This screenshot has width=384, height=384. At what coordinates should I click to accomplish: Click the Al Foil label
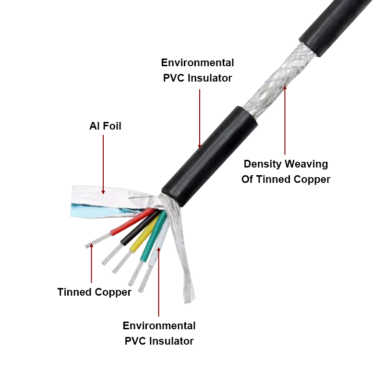coord(105,126)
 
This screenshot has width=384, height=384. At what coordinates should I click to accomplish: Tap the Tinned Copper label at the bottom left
coord(94,292)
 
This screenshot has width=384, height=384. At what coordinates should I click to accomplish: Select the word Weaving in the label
coord(307,164)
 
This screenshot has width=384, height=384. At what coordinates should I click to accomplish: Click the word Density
coord(263,164)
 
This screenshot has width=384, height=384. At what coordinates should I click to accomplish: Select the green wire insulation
coord(154,236)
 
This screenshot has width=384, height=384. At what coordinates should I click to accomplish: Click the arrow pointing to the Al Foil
coord(103,165)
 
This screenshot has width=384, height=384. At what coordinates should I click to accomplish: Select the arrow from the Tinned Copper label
coord(92,263)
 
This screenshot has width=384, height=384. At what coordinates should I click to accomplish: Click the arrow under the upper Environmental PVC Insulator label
coord(200,119)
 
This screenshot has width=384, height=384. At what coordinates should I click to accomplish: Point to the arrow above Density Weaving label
coord(285,120)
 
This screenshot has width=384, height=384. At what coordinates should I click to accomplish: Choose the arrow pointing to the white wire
coord(159,282)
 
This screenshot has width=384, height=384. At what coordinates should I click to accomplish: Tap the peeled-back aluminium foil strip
coord(110,201)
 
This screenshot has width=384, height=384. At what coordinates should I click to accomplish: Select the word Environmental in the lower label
coord(159,326)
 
